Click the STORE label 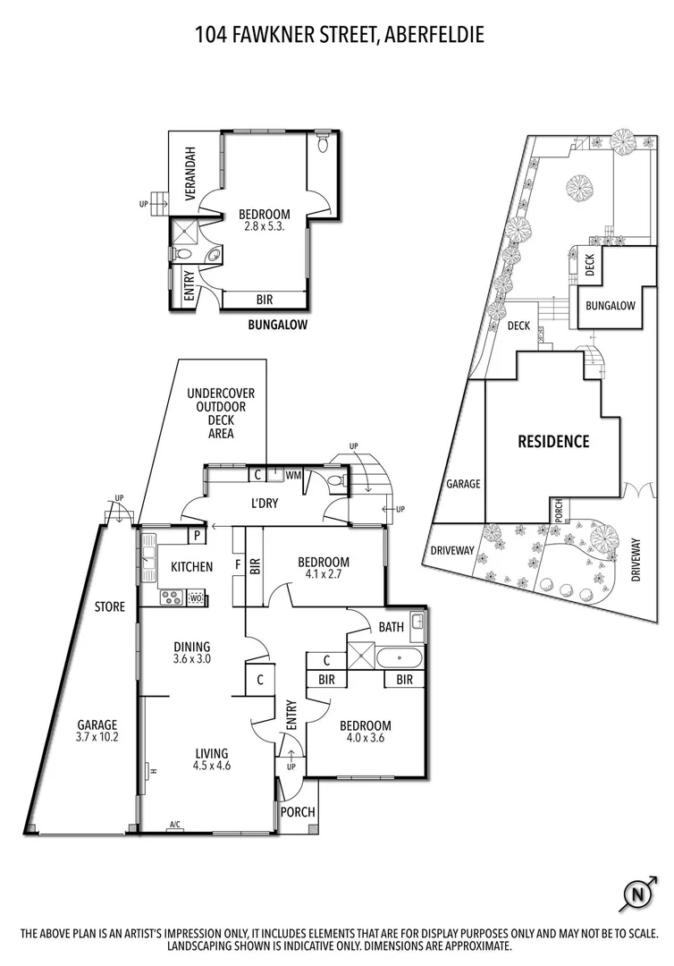[x=110, y=607]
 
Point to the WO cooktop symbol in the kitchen [x=196, y=598]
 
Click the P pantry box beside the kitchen [x=195, y=537]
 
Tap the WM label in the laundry [x=293, y=475]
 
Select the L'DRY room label [x=265, y=504]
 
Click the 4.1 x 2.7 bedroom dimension [x=324, y=575]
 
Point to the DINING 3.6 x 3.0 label [x=192, y=654]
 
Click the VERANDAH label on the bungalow [x=190, y=169]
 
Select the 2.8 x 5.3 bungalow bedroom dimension [x=264, y=227]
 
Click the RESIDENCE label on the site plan [x=554, y=441]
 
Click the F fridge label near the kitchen [x=236, y=564]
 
